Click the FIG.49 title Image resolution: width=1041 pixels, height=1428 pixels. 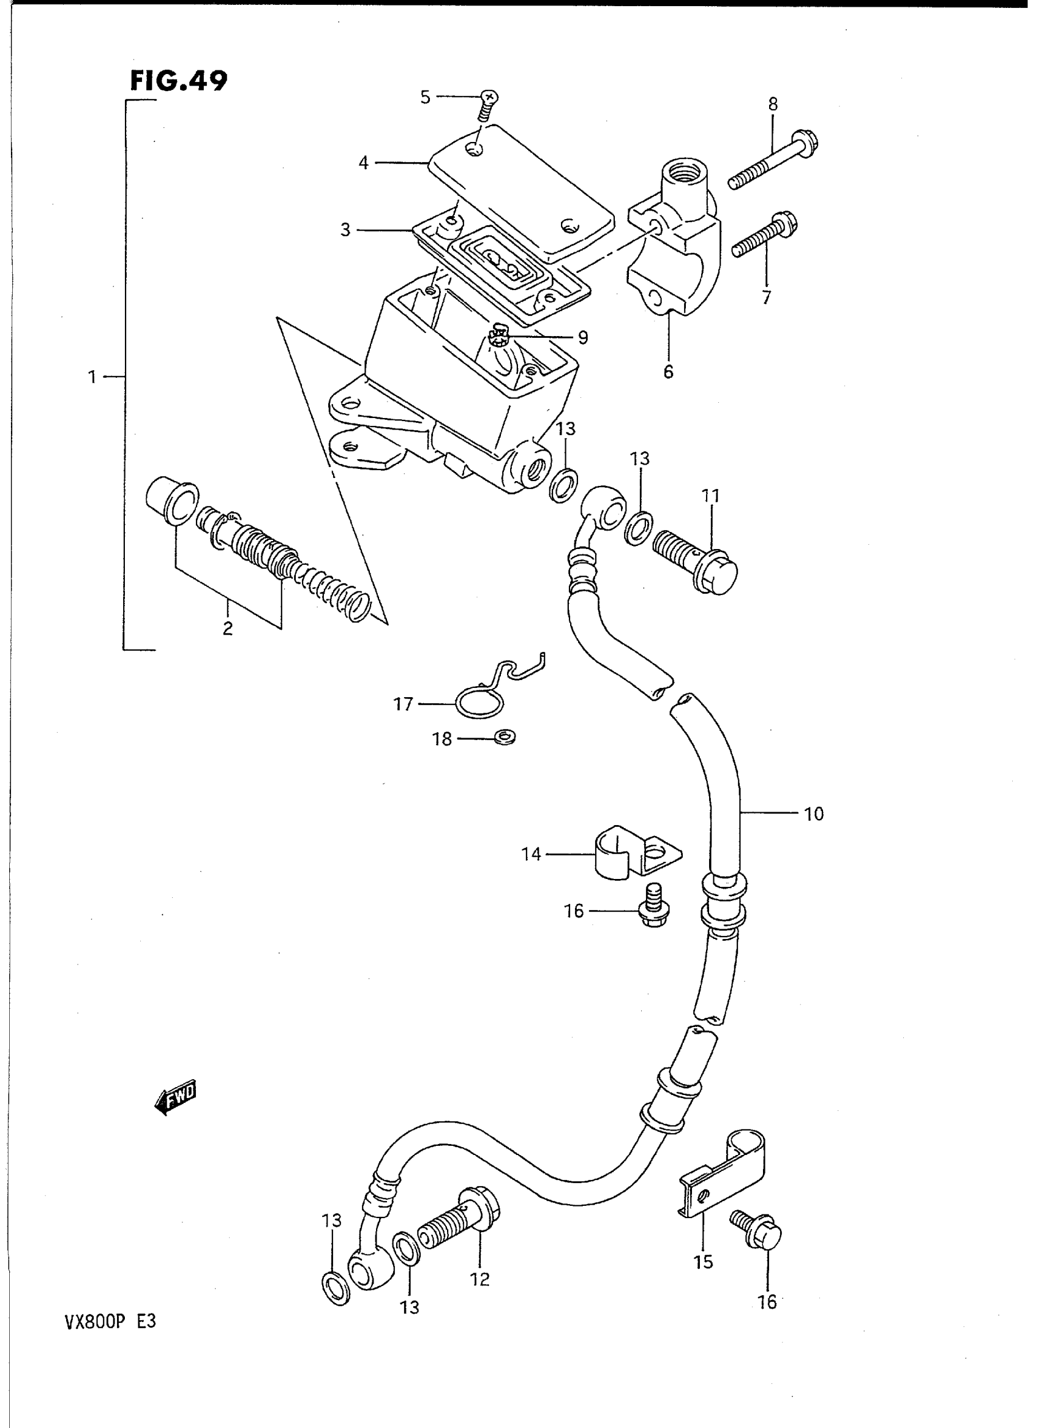coord(178,81)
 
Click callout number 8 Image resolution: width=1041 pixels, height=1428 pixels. coord(773,104)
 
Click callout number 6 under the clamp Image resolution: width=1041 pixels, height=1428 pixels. coord(668,372)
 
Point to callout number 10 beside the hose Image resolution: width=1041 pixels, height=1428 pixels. coord(814,814)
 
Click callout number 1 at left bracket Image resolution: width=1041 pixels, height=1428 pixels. coord(92,376)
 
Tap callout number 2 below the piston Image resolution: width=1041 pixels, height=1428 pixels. coord(227,627)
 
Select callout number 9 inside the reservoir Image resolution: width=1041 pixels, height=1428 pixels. coord(582,338)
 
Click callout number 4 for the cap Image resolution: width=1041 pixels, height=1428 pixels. coord(364,163)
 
